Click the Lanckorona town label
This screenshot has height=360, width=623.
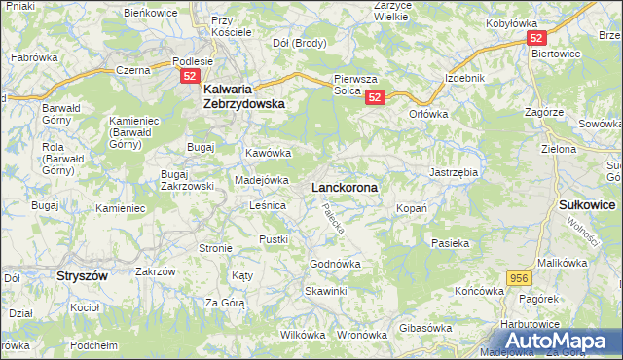tap(345, 186)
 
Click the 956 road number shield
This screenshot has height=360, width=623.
tap(519, 278)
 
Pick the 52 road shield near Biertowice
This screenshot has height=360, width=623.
tap(536, 38)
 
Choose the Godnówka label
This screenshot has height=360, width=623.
tap(335, 264)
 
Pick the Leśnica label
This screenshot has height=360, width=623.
tap(267, 205)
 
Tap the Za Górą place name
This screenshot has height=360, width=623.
tap(224, 303)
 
